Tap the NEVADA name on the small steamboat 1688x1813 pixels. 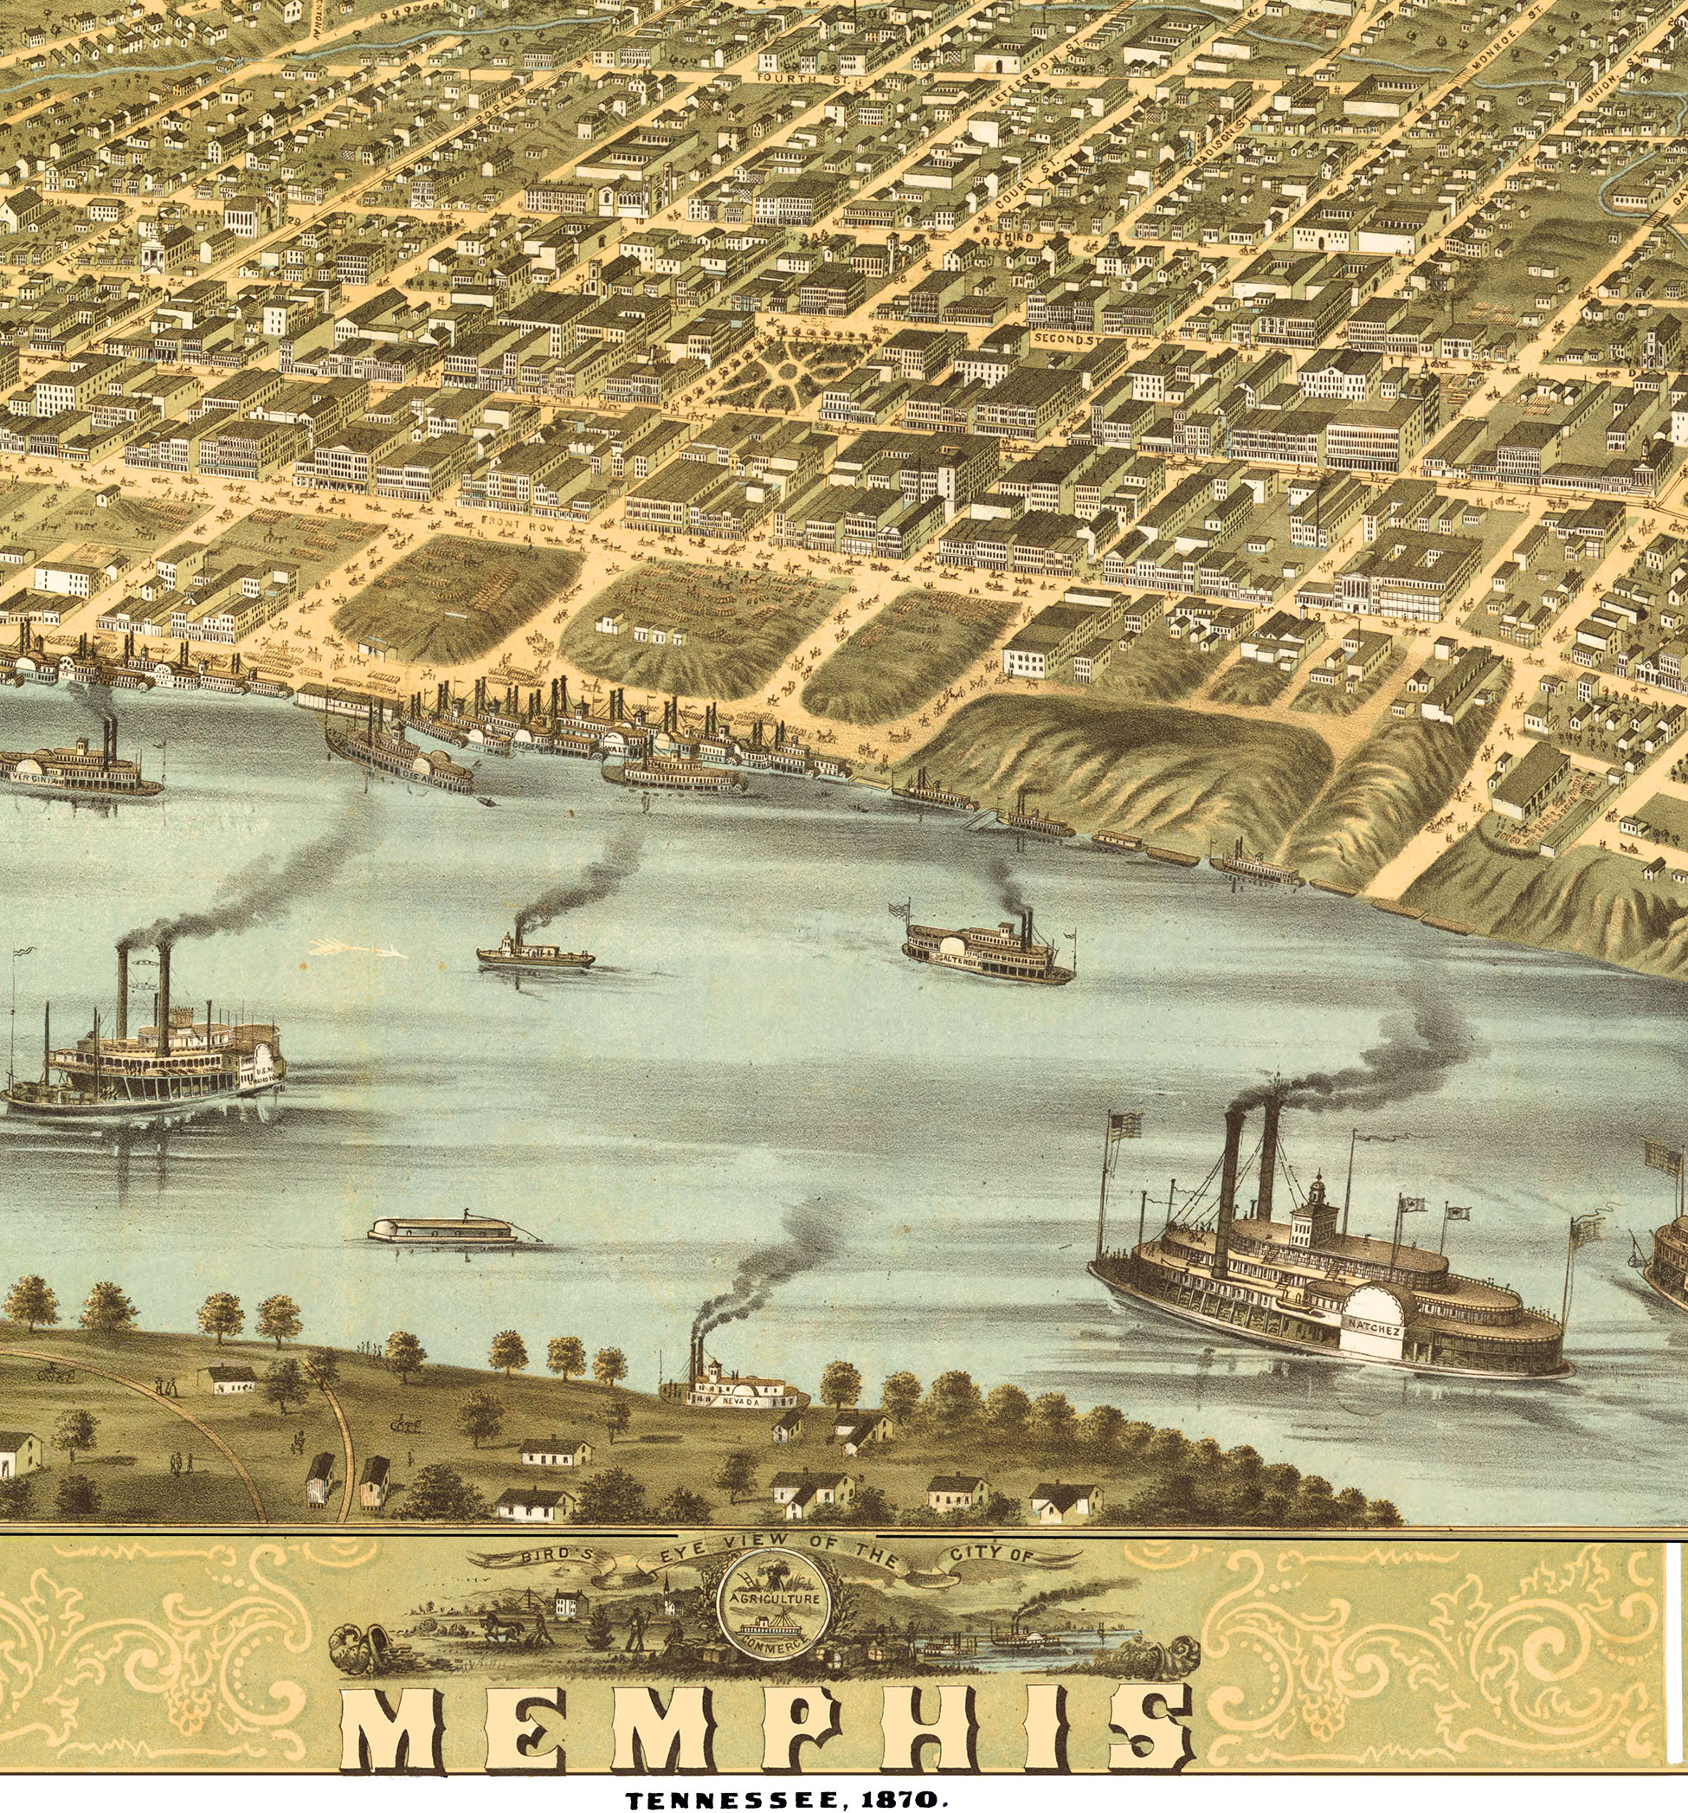739,1401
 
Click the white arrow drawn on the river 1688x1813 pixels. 357,948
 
